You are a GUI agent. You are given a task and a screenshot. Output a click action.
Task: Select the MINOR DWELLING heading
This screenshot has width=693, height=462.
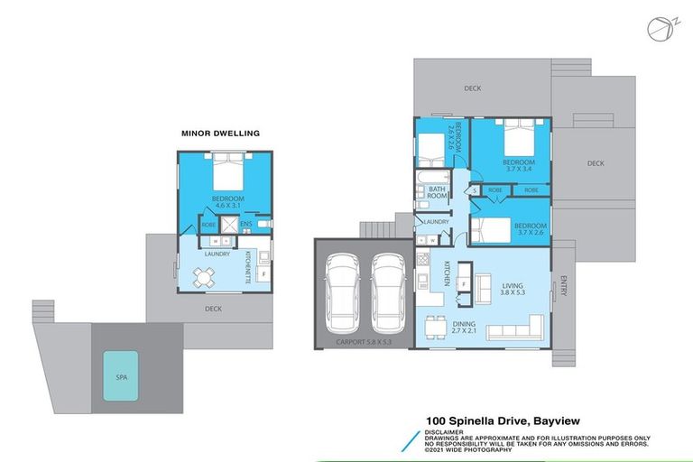[x=220, y=134]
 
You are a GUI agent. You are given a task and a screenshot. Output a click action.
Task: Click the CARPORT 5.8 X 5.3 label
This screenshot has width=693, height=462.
[x=364, y=343]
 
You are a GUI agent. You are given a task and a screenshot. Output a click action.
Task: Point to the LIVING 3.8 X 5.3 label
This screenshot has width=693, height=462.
[x=513, y=290]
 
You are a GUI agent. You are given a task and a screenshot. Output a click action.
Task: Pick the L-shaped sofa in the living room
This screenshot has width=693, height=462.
[x=516, y=328]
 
